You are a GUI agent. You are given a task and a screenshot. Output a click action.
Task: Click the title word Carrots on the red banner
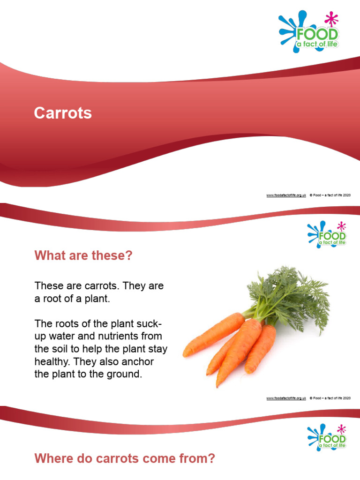[x=63, y=113]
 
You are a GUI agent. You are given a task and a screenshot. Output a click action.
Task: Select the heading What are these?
[x=83, y=256]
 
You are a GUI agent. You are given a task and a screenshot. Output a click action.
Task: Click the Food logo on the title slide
[x=310, y=32]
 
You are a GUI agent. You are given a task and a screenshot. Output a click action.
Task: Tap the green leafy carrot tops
[x=291, y=295]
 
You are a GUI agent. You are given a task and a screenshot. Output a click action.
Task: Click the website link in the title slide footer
[x=286, y=195]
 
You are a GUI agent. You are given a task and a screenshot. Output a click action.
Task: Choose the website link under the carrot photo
[x=286, y=398]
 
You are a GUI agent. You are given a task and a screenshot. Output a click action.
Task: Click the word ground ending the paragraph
[x=124, y=375]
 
